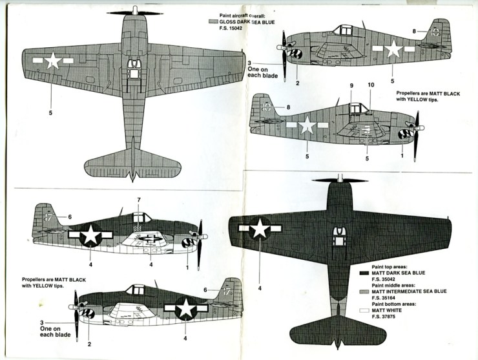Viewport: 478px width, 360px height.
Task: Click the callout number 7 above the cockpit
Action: [138, 200]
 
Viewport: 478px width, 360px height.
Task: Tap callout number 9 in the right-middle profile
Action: [352, 86]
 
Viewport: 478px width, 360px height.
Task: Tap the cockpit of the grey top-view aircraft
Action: [134, 65]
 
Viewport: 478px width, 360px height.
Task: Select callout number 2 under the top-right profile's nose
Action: [297, 83]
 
